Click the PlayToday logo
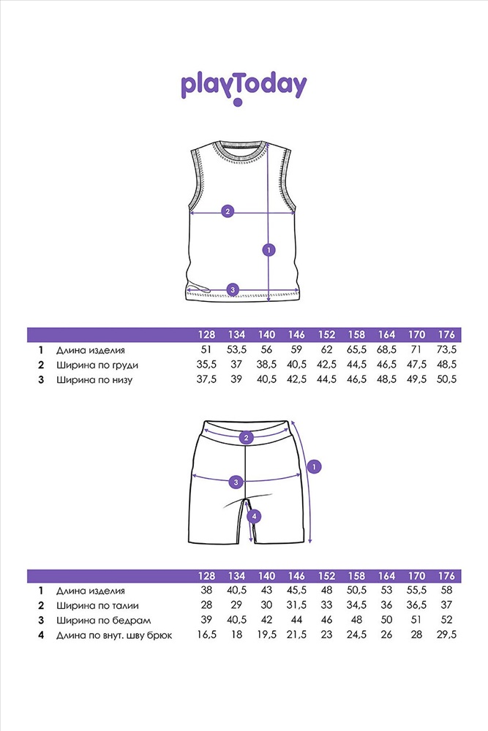click(x=244, y=88)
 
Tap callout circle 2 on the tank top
click(x=228, y=211)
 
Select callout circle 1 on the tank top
click(x=269, y=250)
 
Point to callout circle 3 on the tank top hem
click(x=233, y=290)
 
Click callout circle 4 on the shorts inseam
click(x=254, y=516)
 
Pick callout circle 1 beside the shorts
click(x=315, y=466)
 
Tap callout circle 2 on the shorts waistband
click(x=246, y=438)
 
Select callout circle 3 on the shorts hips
click(x=236, y=482)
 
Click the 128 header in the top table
click(x=206, y=335)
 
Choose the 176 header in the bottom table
click(x=446, y=576)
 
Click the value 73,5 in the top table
click(x=446, y=349)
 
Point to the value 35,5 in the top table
click(x=206, y=365)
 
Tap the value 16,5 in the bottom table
click(x=206, y=635)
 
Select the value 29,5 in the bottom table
click(x=446, y=635)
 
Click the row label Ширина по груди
click(x=97, y=365)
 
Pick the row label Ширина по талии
click(x=97, y=605)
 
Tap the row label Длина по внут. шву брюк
click(x=114, y=635)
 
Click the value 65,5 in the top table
click(x=357, y=349)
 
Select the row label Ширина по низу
click(x=94, y=380)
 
